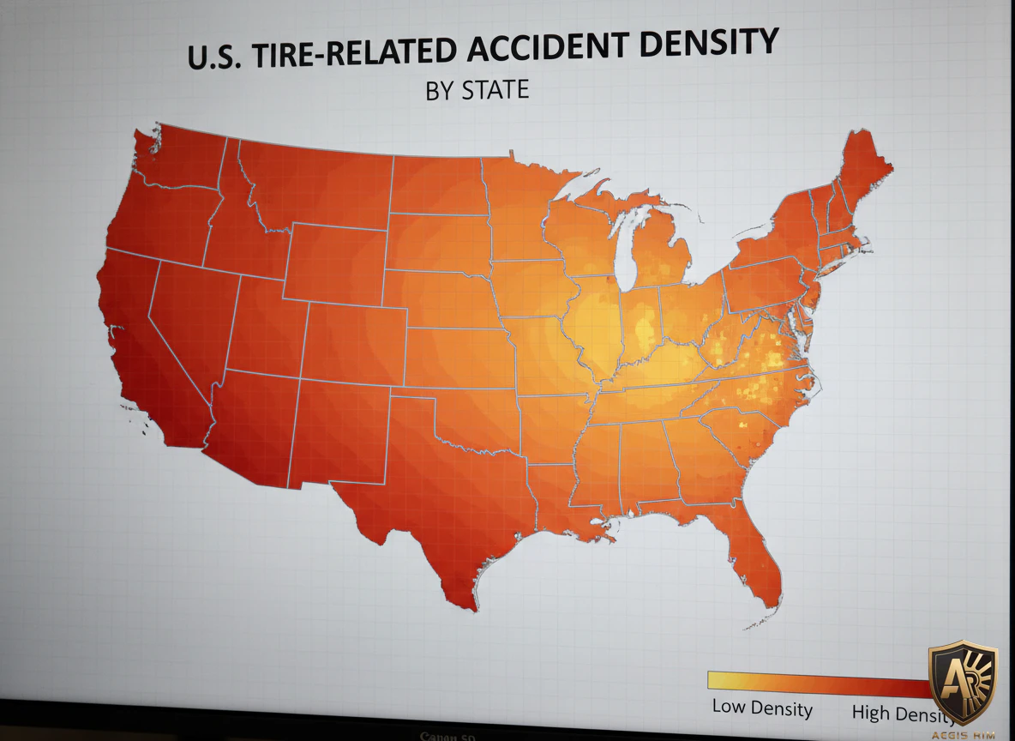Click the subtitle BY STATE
click(477, 89)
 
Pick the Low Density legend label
click(762, 708)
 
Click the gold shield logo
click(963, 682)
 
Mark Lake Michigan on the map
click(630, 249)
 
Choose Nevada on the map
click(193, 317)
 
